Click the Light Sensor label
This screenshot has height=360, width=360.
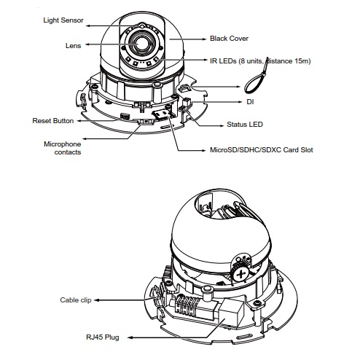pos(63,20)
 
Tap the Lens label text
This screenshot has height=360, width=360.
pos(73,46)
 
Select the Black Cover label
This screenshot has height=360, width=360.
pos(229,39)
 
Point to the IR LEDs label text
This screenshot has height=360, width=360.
pos(260,60)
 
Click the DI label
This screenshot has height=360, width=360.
pos(250,102)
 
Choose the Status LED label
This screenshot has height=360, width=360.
pos(245,125)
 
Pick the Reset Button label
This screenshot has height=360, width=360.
pos(53,121)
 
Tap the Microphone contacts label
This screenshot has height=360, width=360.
pos(63,148)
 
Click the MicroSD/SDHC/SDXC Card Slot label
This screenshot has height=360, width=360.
pos(262,150)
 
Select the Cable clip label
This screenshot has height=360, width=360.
pos(76,300)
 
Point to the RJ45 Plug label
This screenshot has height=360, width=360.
pos(103,337)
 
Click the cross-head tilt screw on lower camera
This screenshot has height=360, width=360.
pos(240,275)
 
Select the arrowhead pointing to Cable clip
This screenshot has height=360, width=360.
pos(97,300)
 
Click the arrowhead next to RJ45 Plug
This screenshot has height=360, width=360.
pos(130,337)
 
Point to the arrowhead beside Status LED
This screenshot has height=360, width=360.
pos(221,125)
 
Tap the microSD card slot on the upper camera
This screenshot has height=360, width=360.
pos(161,114)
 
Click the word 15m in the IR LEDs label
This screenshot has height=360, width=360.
pos(302,60)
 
